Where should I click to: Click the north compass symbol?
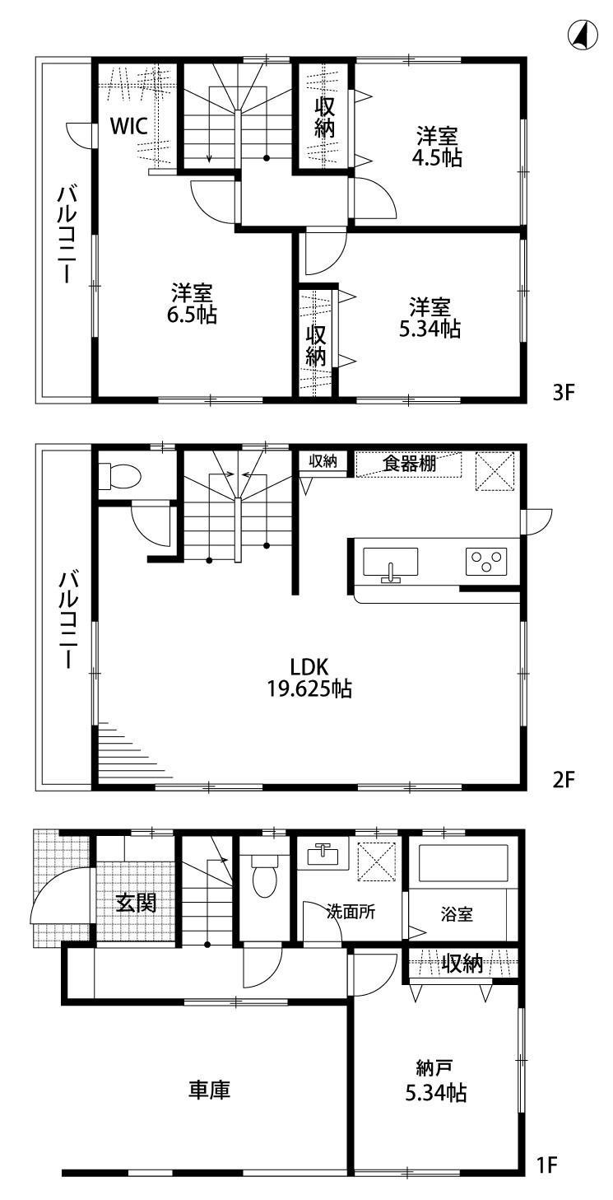[582, 35]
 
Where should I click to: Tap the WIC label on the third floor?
[129, 126]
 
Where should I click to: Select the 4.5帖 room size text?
[438, 158]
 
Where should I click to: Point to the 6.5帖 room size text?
[193, 314]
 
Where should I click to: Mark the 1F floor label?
[547, 1165]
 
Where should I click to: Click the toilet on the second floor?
[120, 475]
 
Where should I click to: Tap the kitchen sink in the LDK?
[390, 563]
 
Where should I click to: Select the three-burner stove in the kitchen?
[485, 562]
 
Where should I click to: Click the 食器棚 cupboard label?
[409, 463]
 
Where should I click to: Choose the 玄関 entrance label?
[136, 903]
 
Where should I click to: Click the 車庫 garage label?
[209, 1090]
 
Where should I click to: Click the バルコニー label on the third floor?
[65, 234]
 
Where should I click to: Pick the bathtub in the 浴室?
[463, 862]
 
